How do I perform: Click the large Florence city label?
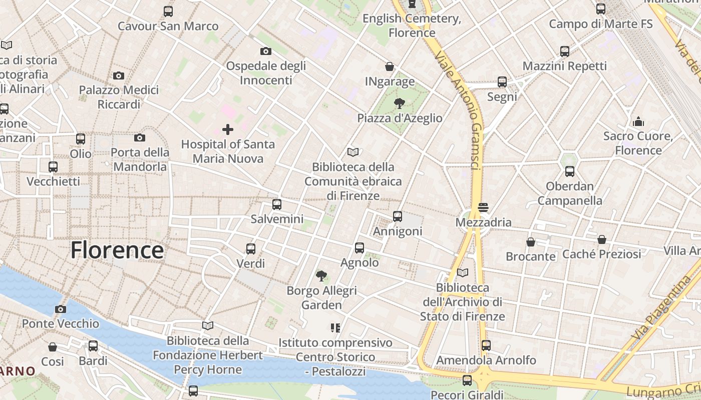117,250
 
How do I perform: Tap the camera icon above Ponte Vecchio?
61,309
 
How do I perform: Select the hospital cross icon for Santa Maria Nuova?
228,129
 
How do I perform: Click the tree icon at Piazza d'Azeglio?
400,103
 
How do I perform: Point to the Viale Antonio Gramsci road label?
459,110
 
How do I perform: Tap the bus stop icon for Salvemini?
277,204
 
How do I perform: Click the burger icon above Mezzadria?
483,207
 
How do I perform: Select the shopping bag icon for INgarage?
390,66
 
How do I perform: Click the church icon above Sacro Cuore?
638,121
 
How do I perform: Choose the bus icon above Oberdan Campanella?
570,171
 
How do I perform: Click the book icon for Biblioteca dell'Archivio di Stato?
463,273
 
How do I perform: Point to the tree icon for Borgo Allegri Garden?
321,275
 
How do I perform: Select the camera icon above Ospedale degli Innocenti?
266,51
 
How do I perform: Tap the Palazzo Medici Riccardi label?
119,97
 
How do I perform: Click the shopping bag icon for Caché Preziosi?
602,239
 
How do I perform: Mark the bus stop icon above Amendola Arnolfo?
486,345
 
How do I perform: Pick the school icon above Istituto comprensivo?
335,328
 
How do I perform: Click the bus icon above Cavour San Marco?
168,11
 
